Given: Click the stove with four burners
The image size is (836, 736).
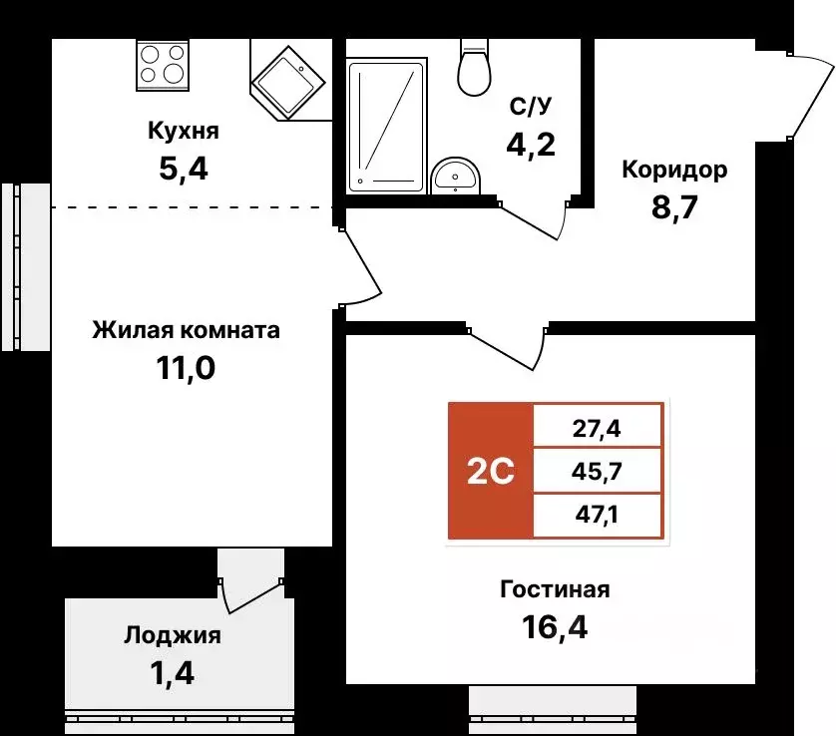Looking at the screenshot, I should (x=162, y=66).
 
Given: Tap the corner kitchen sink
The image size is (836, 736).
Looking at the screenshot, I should (x=289, y=78).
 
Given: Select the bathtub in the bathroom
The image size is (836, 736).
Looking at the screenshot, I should (x=385, y=125).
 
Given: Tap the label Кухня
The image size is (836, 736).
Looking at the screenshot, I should (x=183, y=131).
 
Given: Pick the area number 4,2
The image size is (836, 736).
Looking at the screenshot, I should (x=530, y=145).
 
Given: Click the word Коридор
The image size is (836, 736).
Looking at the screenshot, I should (x=674, y=170).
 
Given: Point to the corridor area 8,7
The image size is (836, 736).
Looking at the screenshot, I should (x=674, y=206).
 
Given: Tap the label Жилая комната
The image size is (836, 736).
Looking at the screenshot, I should (x=186, y=330).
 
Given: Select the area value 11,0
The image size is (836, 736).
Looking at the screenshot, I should (x=186, y=368).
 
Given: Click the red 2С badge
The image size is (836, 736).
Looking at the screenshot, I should (x=490, y=472).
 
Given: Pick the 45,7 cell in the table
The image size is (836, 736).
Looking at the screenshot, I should (x=598, y=472).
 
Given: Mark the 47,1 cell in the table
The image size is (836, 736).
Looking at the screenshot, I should (x=598, y=517).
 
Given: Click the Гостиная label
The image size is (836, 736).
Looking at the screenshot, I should (x=555, y=589).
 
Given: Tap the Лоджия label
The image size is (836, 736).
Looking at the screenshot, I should (x=173, y=635).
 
